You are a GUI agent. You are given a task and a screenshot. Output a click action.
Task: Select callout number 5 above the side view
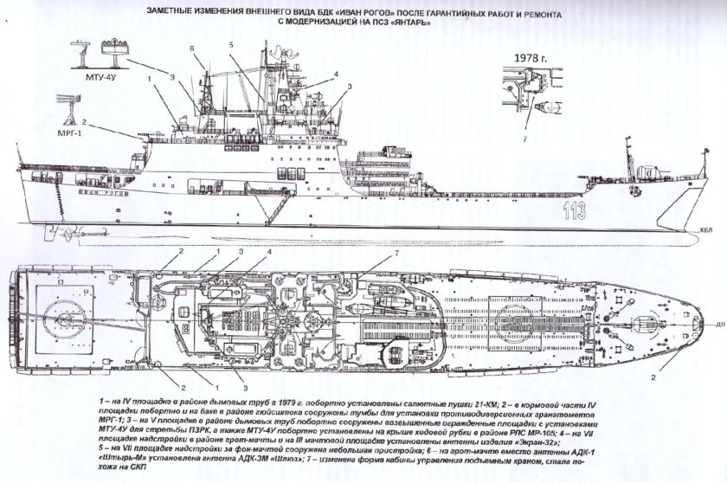click(x=232, y=42)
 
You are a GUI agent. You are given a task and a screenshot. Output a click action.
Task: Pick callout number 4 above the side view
click(x=335, y=74)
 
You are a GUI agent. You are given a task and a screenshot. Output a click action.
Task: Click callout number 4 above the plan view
click(x=270, y=250)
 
